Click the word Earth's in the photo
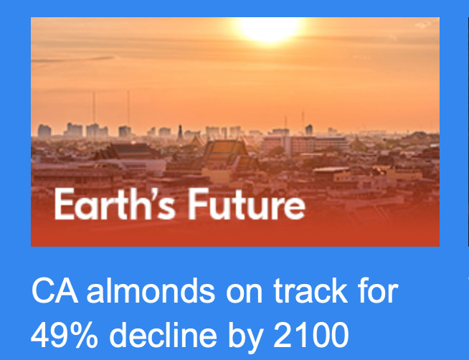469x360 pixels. tap(115, 204)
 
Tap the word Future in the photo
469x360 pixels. tap(247, 204)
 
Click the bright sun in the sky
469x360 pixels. tap(269, 29)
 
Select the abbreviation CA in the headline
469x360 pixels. tap(55, 290)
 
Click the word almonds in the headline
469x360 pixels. tap(151, 290)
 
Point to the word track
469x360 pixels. tap(311, 290)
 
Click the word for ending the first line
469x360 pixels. tap(378, 290)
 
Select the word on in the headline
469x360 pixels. tap(244, 294)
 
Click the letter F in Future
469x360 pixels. tap(196, 204)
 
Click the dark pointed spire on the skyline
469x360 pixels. tap(180, 132)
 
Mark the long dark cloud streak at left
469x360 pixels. tap(73, 59)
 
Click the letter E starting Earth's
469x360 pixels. tap(64, 204)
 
